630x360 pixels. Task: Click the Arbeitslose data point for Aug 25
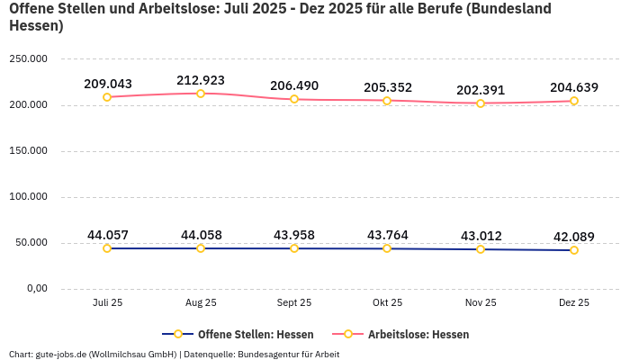point(201,94)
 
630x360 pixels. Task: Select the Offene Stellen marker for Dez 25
point(573,250)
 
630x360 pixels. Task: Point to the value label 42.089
point(573,237)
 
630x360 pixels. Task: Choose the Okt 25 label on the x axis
point(387,303)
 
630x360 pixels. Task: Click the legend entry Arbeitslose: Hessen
point(418,334)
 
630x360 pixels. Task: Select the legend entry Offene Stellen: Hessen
point(256,334)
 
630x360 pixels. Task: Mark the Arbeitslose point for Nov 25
point(481,103)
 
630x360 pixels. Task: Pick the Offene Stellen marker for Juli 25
point(107,248)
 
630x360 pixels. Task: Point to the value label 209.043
point(107,84)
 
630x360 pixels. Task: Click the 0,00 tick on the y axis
point(37,289)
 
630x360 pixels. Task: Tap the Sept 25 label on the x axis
point(293,303)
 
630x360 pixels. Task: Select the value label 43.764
point(387,235)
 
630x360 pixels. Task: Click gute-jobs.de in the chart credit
point(59,354)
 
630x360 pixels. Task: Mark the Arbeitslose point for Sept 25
point(293,99)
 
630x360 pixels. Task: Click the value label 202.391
point(481,90)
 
